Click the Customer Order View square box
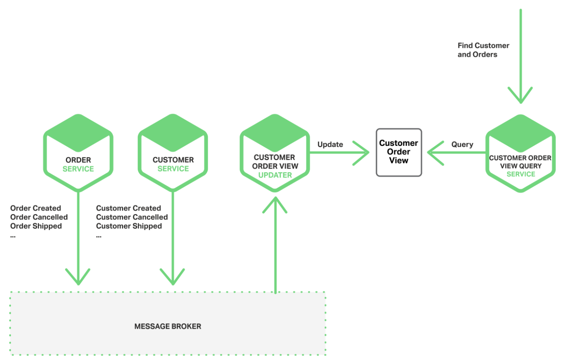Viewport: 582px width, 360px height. tap(399, 152)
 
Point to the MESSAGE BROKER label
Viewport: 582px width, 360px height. tap(167, 326)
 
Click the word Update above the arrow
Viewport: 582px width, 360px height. tap(330, 144)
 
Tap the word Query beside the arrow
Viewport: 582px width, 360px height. tap(462, 144)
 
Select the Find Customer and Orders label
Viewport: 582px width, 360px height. tap(483, 50)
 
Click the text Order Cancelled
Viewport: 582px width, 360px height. tap(39, 217)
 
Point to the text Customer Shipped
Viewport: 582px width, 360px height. tap(129, 226)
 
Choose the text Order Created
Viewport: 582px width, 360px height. tap(36, 208)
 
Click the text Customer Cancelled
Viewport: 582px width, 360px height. tap(132, 217)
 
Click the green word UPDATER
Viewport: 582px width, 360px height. tap(275, 175)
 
